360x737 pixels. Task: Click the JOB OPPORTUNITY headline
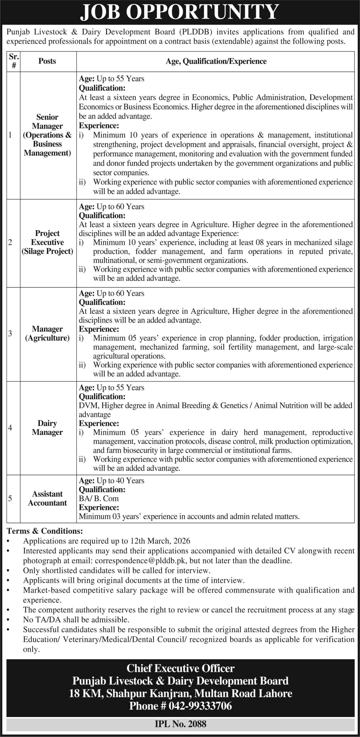click(180, 12)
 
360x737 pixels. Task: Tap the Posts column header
click(47, 61)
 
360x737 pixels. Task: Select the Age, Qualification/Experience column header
click(216, 61)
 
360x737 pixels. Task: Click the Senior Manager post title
click(47, 135)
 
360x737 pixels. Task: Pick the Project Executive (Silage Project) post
click(47, 242)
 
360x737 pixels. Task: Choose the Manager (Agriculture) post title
click(47, 333)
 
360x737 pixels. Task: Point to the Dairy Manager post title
click(47, 428)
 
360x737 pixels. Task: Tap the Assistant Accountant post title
click(47, 498)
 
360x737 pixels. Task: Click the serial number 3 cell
click(10, 333)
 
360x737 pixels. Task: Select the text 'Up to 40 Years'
click(120, 480)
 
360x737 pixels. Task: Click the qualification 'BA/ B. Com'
click(99, 498)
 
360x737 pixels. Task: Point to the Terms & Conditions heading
click(45, 531)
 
